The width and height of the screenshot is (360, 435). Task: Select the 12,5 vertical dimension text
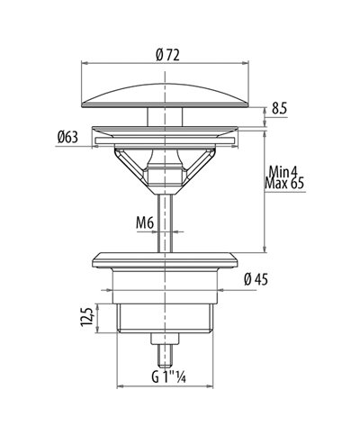click(85, 320)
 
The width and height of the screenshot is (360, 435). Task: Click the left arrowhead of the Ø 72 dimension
click(85, 63)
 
